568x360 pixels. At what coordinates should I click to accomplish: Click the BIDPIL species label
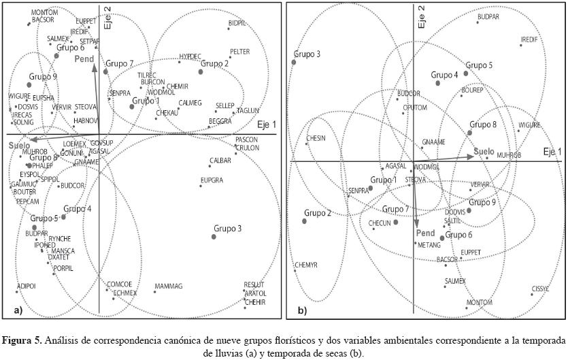(238, 22)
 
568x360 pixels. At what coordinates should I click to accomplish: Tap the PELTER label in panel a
(240, 52)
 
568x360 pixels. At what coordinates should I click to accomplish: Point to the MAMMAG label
(169, 287)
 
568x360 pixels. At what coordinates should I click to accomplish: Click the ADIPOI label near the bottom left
(26, 287)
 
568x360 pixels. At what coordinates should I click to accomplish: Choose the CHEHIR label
(254, 301)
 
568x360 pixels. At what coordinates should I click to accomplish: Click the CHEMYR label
(306, 264)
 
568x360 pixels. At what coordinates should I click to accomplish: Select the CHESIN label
(316, 137)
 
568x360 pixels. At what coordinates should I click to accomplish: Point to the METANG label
(429, 245)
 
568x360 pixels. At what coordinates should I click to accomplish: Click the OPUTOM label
(415, 108)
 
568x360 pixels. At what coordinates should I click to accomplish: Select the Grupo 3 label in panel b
(307, 53)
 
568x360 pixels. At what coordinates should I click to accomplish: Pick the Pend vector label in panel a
(84, 60)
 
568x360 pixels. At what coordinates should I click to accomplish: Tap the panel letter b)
(301, 311)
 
